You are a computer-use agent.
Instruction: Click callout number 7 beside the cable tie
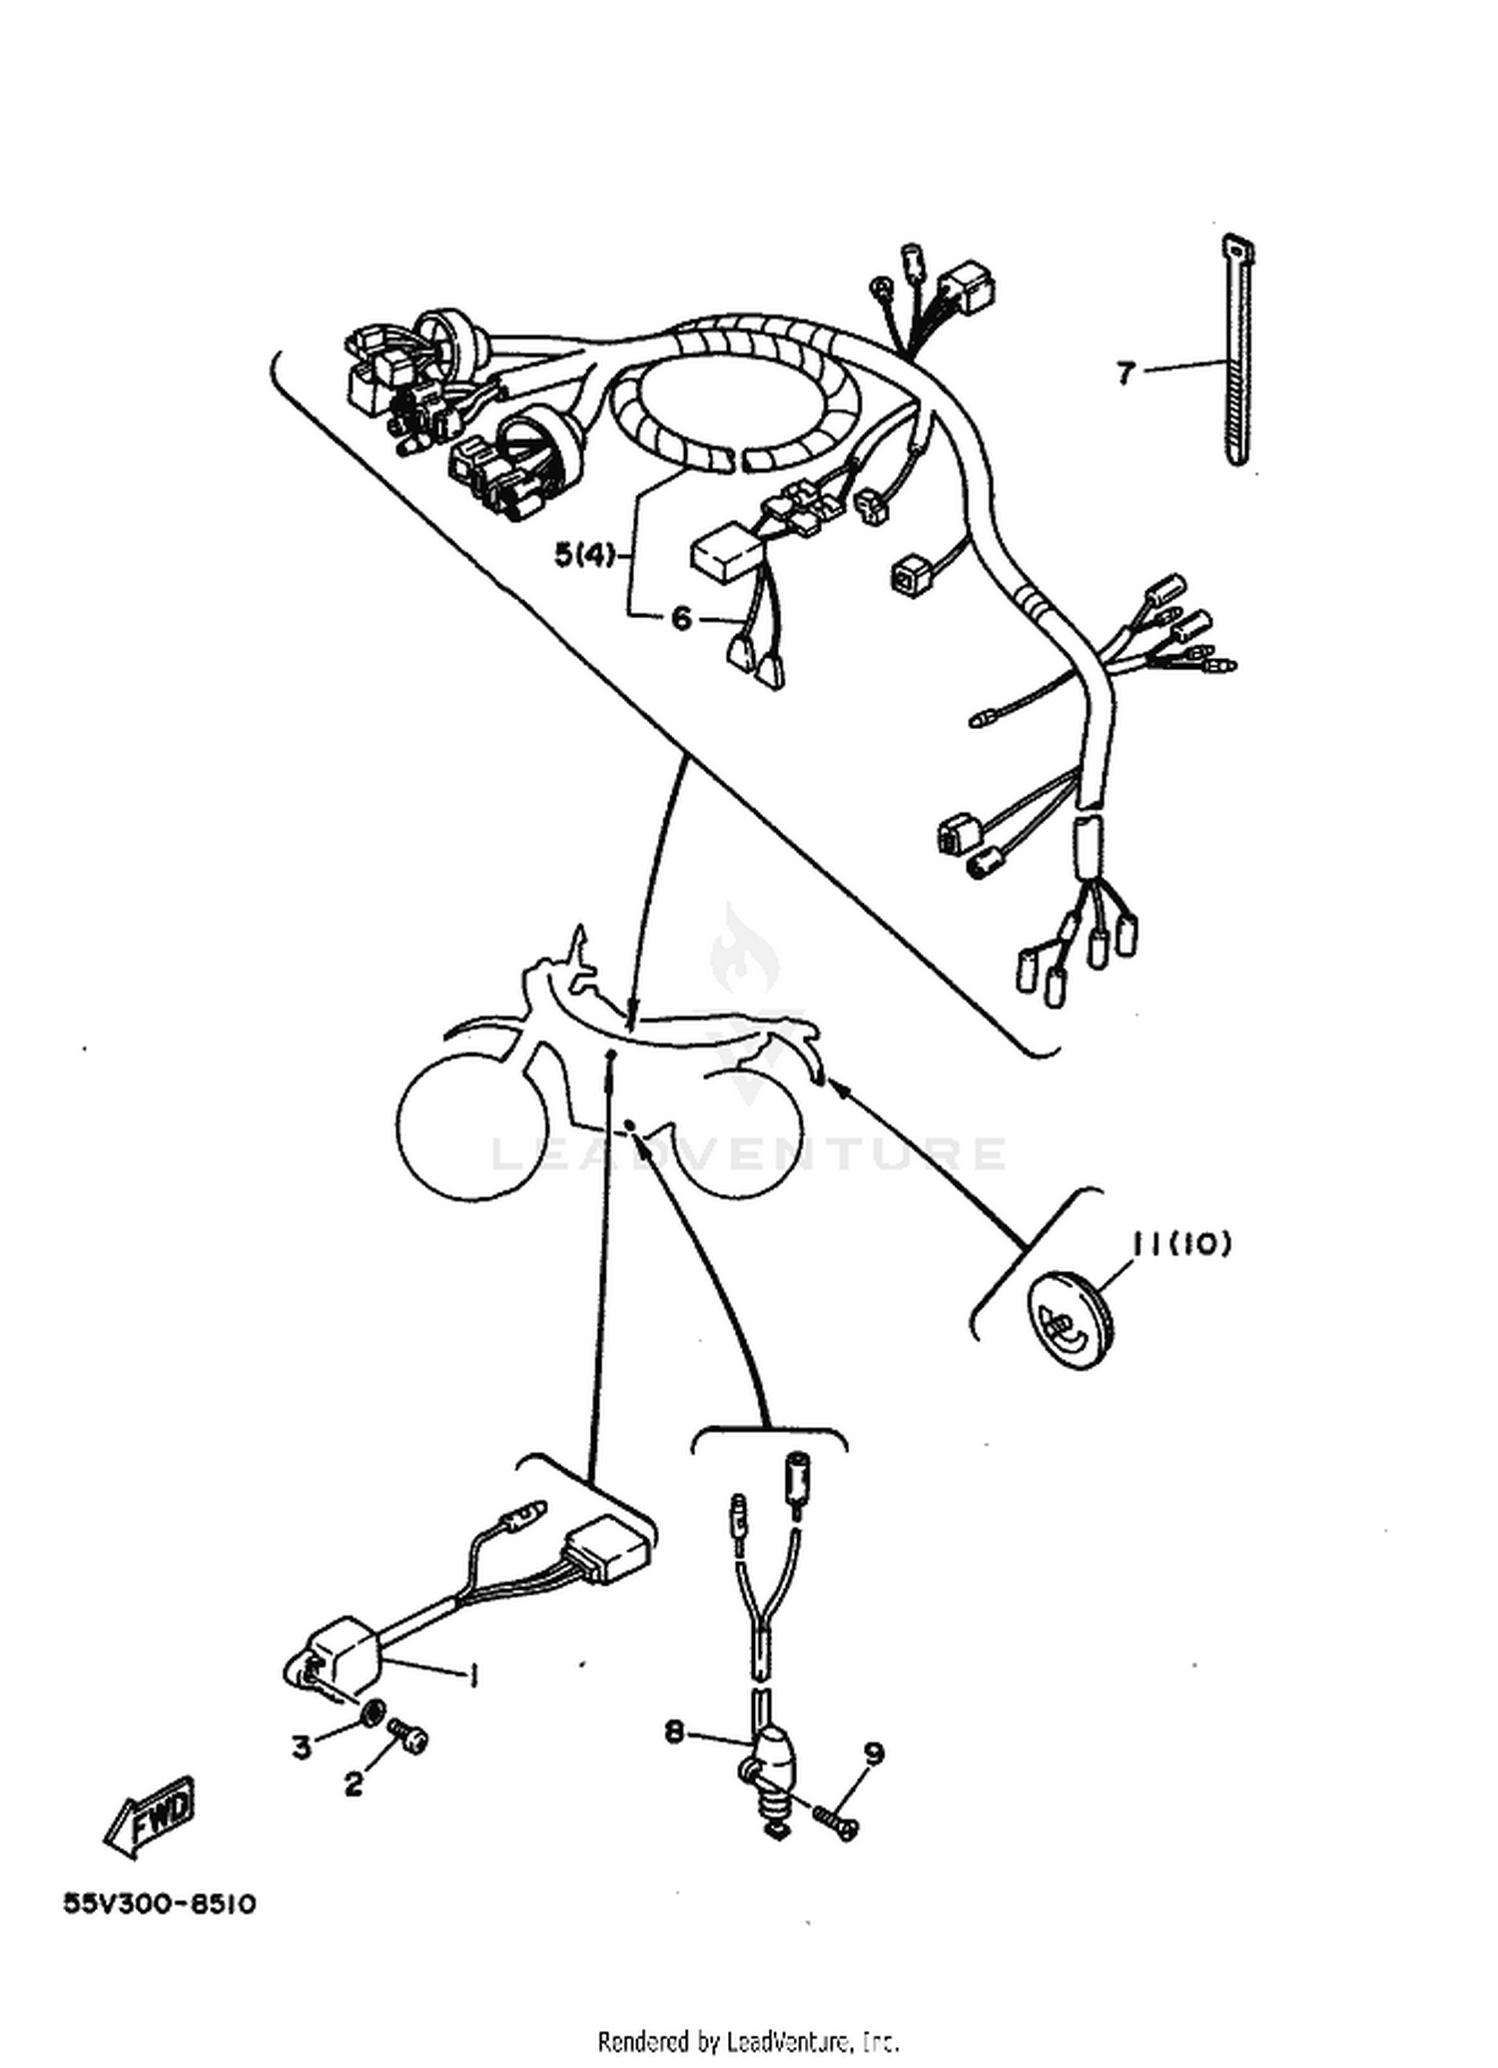tap(1125, 372)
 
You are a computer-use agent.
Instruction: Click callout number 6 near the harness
tap(681, 618)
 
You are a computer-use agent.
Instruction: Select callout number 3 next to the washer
tap(302, 1747)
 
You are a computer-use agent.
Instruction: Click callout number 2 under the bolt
tap(355, 1784)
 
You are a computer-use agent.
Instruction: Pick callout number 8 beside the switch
tap(675, 1732)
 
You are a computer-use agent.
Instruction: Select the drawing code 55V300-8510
tap(160, 1904)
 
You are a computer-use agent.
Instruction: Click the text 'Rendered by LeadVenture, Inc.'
tap(748, 2039)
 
